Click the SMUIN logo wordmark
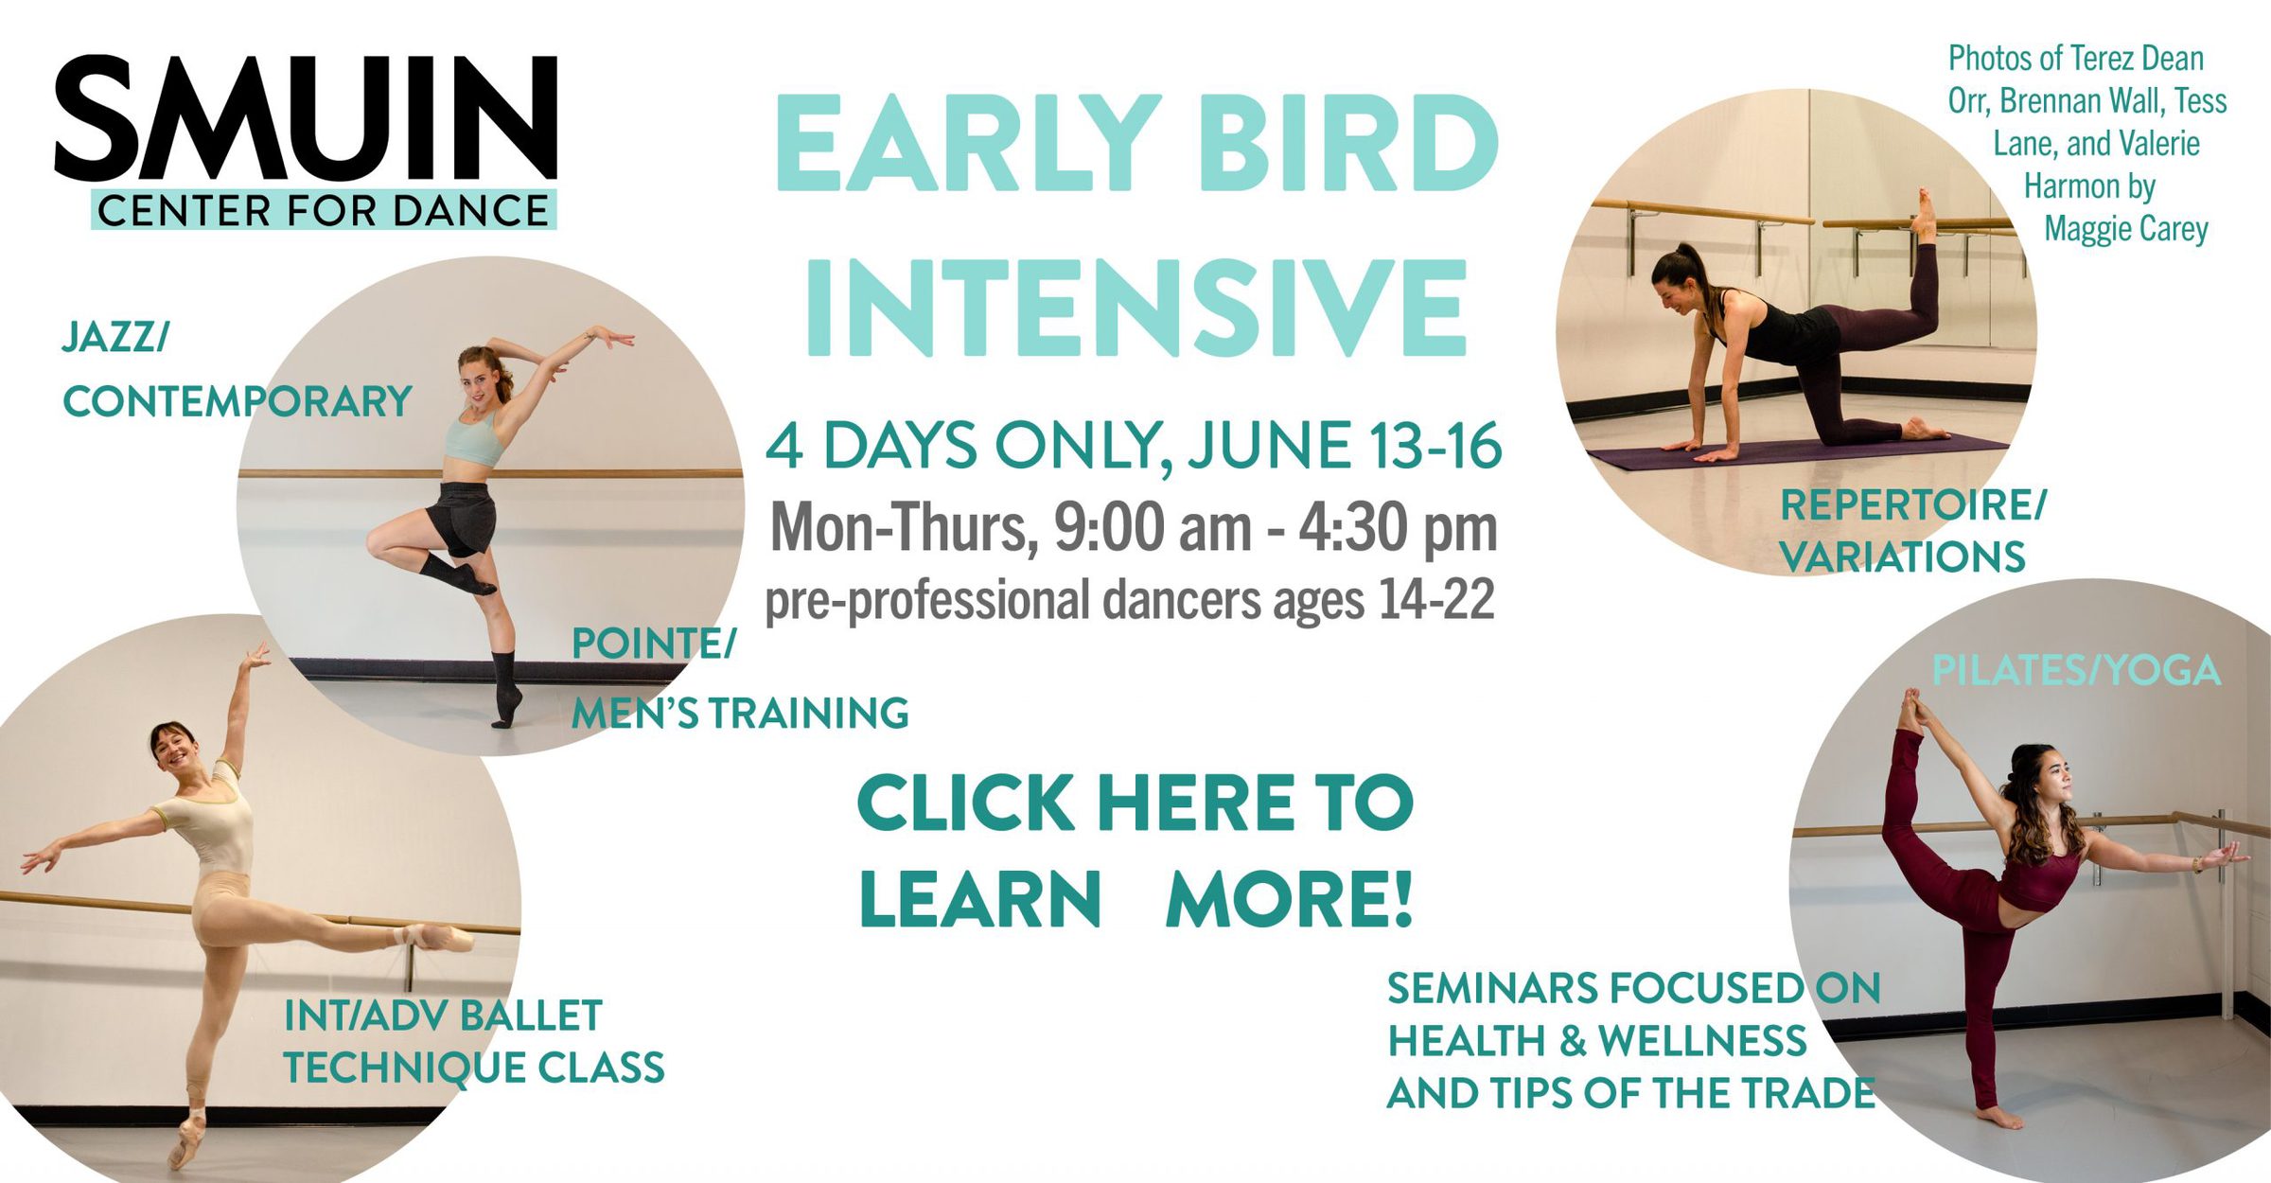click(306, 117)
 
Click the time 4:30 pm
click(1398, 528)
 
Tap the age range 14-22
click(1436, 599)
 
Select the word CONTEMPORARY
click(238, 402)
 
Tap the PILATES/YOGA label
click(2076, 671)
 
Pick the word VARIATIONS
click(1903, 557)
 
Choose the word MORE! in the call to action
click(1290, 899)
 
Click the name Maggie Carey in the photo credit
click(2126, 229)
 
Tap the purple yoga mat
click(1798, 452)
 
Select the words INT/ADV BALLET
click(443, 1016)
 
